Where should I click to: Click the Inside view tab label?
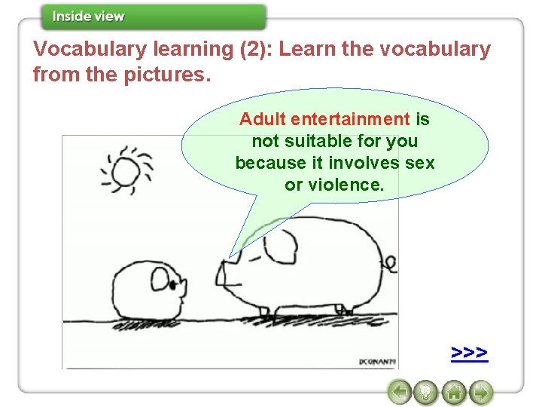click(x=89, y=17)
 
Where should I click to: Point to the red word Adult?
click(x=263, y=119)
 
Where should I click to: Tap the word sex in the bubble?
click(x=419, y=163)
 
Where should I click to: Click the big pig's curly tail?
click(x=390, y=264)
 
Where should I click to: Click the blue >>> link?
click(x=470, y=353)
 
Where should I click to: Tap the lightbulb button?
click(x=427, y=393)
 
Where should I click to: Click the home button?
click(x=453, y=393)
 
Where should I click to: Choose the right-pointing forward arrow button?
click(x=480, y=393)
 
